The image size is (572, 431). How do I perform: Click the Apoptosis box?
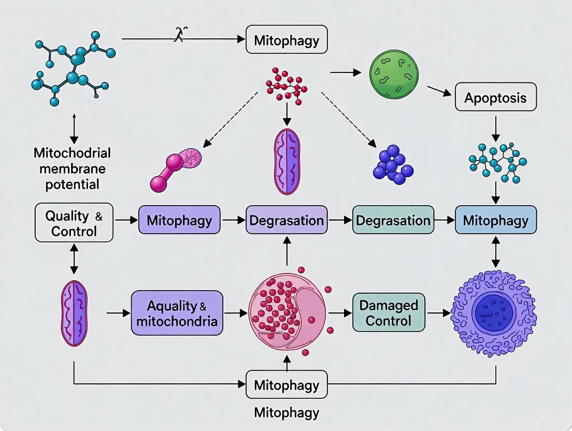495,98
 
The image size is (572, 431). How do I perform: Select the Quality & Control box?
74,223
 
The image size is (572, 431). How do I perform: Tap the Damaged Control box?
388,312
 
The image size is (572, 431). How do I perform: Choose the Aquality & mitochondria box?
177,313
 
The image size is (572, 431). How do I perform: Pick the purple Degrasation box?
287,220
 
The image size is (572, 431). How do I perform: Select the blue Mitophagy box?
496,220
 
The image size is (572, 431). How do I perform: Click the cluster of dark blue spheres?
392,164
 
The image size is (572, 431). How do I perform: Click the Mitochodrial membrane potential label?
72,168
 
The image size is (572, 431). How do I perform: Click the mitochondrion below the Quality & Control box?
74,313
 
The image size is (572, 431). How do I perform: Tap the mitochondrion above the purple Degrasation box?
287,161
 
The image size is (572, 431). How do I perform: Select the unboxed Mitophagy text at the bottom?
287,413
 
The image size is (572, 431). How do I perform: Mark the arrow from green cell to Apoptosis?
438,91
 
